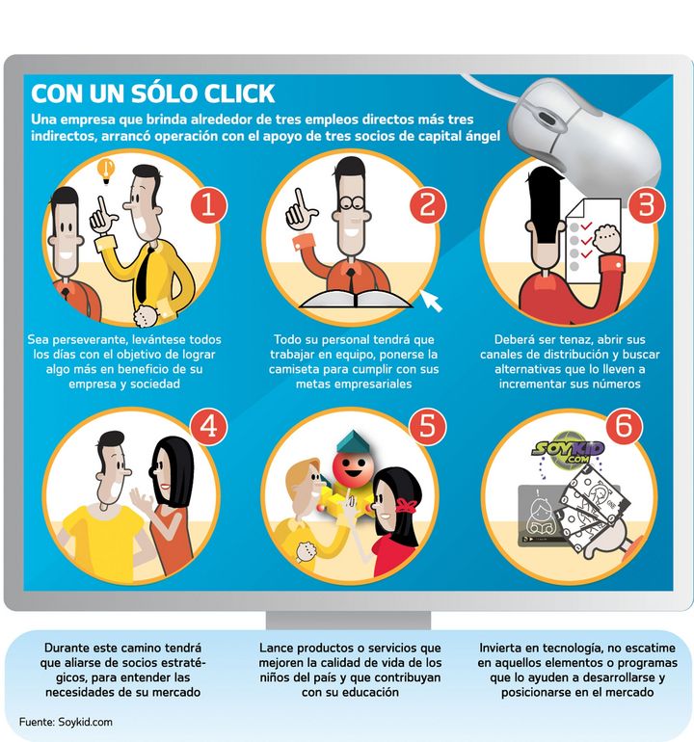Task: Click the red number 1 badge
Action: (209, 206)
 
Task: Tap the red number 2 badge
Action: (427, 204)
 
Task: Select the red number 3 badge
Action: (646, 204)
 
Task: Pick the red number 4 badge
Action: (209, 425)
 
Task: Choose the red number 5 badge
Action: (427, 424)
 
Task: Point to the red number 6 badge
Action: (624, 424)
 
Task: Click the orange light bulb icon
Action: (107, 171)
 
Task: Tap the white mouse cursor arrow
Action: (431, 301)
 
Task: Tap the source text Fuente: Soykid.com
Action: (66, 722)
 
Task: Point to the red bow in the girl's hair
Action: (405, 505)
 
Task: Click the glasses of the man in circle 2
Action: (353, 203)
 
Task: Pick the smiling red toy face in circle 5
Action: (350, 468)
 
